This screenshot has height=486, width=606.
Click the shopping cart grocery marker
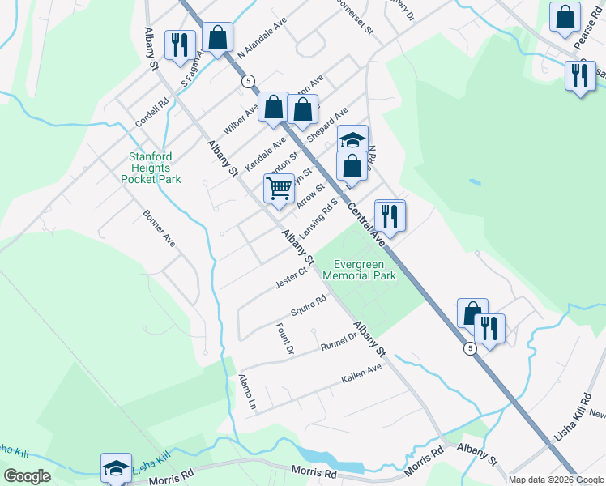tap(279, 190)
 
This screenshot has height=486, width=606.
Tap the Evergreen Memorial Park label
tap(360, 270)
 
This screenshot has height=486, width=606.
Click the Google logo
tap(27, 476)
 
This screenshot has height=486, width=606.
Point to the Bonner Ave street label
tap(159, 229)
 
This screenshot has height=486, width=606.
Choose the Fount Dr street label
tap(284, 339)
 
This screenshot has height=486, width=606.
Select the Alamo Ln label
tap(247, 391)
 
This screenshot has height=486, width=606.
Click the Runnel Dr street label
tap(339, 341)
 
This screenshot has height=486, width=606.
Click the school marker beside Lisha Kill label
tap(116, 468)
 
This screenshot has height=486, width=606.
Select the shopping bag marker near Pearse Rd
tap(565, 17)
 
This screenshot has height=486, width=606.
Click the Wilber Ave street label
tap(241, 118)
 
